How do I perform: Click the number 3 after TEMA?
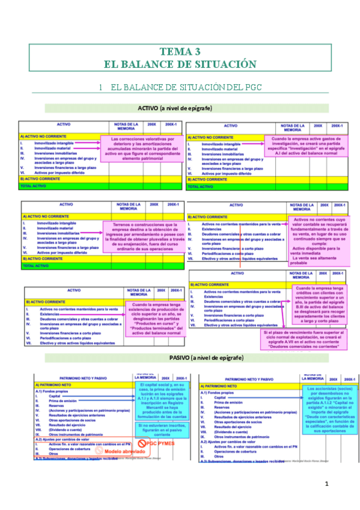(197, 52)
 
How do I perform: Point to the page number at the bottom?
(327, 484)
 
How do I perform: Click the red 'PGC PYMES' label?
(154, 441)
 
